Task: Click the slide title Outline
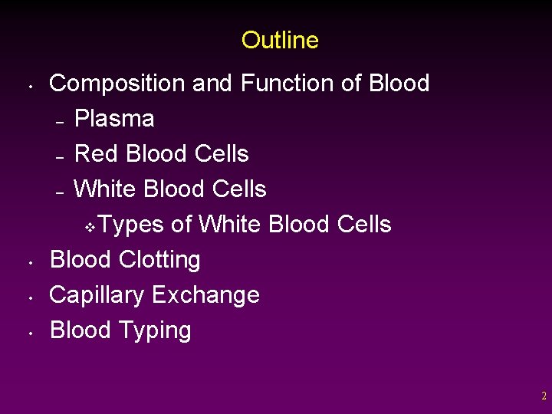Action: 280,40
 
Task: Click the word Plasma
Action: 114,119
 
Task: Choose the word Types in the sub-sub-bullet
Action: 131,225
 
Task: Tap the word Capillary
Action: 97,295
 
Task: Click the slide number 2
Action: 544,396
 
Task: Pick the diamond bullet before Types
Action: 89,227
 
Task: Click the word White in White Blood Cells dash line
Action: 105,189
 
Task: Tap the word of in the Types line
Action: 182,225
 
